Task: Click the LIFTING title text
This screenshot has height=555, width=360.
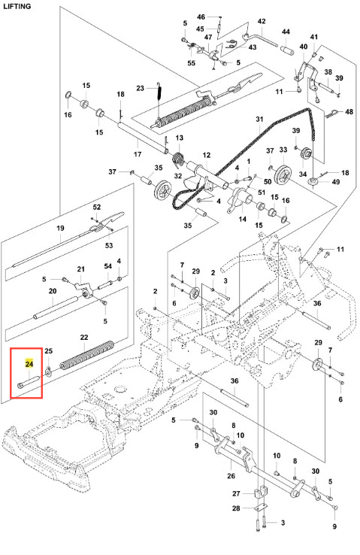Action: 17,6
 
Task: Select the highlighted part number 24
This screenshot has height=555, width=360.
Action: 29,364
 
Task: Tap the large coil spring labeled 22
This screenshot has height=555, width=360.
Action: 87,354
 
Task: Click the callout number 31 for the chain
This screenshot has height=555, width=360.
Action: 259,120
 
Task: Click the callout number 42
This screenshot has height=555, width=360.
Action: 262,21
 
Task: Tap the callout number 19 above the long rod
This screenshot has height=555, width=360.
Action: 60,228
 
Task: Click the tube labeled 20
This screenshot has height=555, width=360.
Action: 55,307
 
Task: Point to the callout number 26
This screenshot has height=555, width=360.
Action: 231,476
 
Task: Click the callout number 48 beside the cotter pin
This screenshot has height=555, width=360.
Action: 349,111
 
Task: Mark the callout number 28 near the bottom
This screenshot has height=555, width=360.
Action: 236,508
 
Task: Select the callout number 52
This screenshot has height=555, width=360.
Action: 96,207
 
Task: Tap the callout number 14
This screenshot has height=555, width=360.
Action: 242,219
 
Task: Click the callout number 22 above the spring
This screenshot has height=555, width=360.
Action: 84,337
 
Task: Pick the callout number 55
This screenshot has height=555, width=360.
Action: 191,63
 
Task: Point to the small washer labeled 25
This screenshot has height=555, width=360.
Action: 48,371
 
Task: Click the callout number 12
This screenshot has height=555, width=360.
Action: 207,155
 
